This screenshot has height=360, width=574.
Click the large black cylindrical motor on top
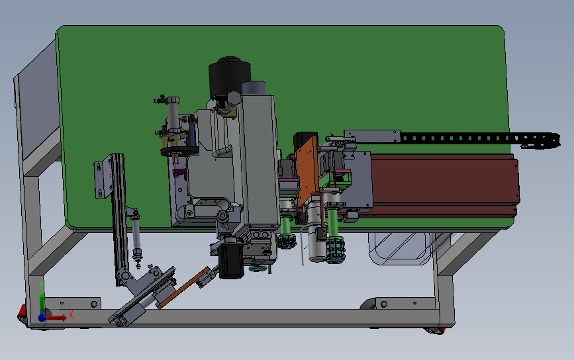229,77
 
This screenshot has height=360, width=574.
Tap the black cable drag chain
479,140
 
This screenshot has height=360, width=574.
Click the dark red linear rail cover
443,185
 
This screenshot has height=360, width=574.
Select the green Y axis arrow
42,302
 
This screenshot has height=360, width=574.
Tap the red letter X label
71,314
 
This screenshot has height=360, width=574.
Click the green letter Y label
41,286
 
